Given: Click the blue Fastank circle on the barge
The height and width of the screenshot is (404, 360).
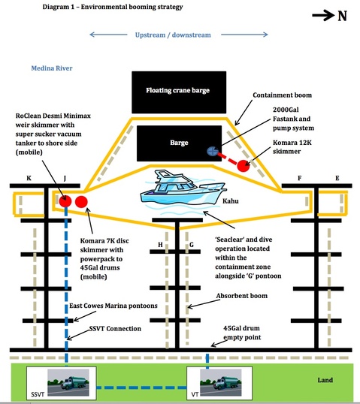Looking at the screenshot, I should [x=213, y=151].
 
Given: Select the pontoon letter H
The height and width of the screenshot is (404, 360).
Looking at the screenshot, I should [x=160, y=245].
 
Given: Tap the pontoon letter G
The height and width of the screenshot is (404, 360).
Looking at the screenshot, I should [x=192, y=245].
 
